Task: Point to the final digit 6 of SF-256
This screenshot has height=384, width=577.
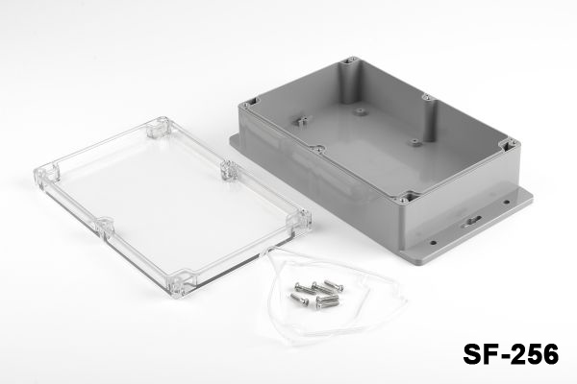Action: pyautogui.click(x=549, y=353)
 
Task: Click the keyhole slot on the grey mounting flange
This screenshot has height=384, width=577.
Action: pyautogui.click(x=473, y=222)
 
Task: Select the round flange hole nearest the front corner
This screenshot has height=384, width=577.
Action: pyautogui.click(x=434, y=243)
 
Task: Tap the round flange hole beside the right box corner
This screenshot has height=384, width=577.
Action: pyautogui.click(x=507, y=202)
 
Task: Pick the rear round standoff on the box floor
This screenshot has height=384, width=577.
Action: pyautogui.click(x=360, y=110)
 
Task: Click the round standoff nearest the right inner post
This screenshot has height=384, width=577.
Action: pyautogui.click(x=415, y=142)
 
